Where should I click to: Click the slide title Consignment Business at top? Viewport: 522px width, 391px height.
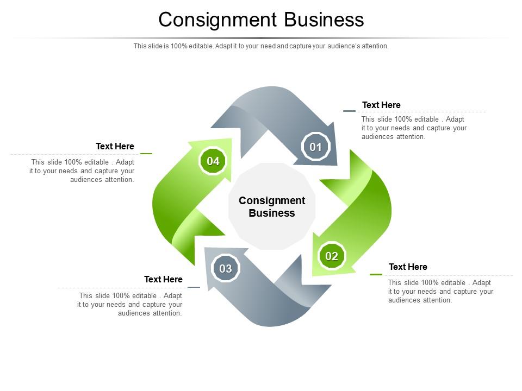261,20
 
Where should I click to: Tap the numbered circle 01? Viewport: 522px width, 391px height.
316,147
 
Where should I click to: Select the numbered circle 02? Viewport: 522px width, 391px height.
332,256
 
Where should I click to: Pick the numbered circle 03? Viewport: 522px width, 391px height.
226,268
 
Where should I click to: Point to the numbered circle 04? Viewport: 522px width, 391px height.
213,161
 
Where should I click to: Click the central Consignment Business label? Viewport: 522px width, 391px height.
272,207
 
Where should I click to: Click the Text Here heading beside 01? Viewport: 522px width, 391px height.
381,105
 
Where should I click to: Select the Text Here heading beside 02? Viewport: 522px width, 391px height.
408,267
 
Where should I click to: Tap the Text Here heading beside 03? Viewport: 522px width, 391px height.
163,279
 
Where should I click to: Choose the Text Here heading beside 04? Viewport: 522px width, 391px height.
115,146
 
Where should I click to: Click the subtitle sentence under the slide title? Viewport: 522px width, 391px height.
261,46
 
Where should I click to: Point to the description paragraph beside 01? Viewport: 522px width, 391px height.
414,128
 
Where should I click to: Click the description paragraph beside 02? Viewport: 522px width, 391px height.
440,291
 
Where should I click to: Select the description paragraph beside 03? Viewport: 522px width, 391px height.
130,304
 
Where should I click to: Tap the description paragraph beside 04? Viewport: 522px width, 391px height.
82,171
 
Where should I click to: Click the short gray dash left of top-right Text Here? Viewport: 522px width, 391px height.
349,111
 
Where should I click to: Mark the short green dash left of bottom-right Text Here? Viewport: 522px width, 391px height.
376,274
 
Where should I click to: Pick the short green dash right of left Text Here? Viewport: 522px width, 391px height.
146,154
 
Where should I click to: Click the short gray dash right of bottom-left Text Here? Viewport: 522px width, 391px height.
194,287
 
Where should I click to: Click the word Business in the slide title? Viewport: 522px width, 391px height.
324,20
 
